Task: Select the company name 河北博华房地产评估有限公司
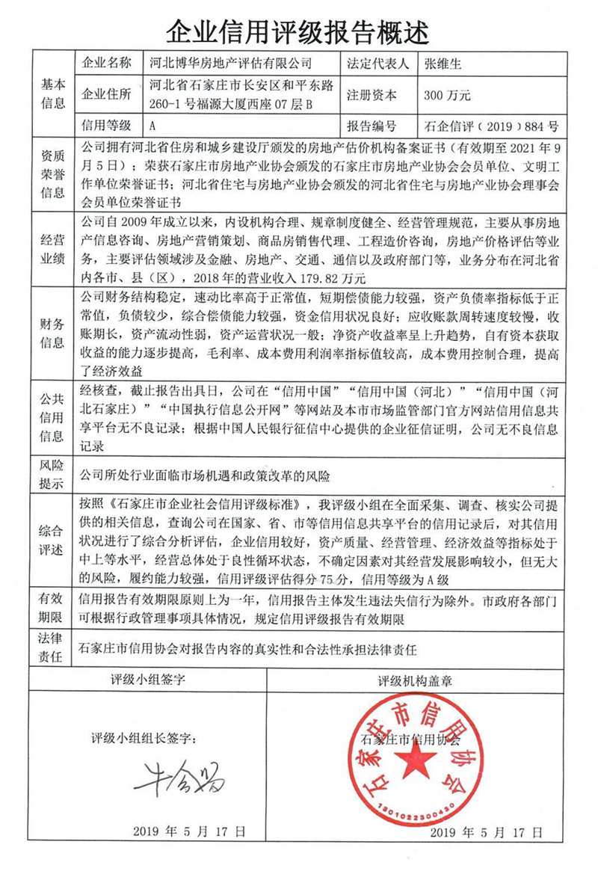click(222, 64)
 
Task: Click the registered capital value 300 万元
click(446, 95)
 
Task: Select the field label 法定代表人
click(377, 64)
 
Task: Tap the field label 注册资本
click(372, 95)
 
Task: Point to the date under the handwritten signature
click(189, 830)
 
